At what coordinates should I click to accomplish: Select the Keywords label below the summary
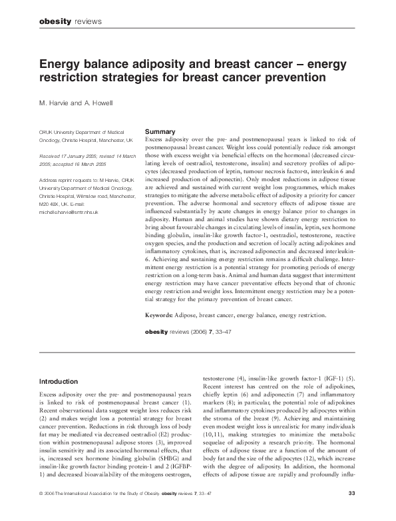[160, 313]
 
